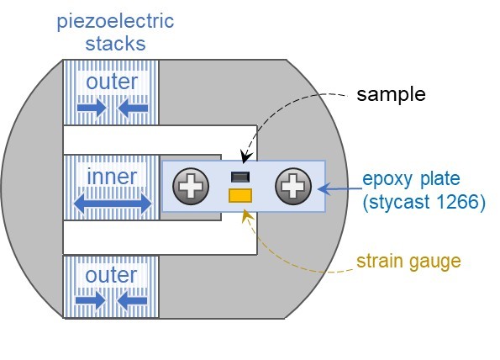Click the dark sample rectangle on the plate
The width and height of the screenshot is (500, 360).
[240, 177]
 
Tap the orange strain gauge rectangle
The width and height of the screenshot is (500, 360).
[240, 195]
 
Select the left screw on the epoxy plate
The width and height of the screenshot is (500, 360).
[191, 186]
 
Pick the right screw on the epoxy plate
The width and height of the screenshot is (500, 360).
[293, 186]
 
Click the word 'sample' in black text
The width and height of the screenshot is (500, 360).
[391, 94]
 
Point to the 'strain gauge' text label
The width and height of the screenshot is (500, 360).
[408, 262]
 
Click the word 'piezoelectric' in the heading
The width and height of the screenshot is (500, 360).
[115, 22]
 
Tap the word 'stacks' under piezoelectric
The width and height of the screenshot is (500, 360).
[115, 44]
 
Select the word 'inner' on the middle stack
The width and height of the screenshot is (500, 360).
[112, 177]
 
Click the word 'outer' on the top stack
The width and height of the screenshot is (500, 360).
[112, 82]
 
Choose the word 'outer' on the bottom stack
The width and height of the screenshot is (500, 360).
[111, 275]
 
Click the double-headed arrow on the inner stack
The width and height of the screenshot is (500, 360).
[113, 204]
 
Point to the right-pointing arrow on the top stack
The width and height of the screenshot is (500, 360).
[92, 108]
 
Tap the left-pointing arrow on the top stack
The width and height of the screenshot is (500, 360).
[133, 108]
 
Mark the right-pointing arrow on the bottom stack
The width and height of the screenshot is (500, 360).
[91, 300]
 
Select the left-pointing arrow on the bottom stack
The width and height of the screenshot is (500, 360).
[132, 300]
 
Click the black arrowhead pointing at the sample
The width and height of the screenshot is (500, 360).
[246, 157]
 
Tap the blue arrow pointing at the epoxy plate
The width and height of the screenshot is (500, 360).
[340, 189]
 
